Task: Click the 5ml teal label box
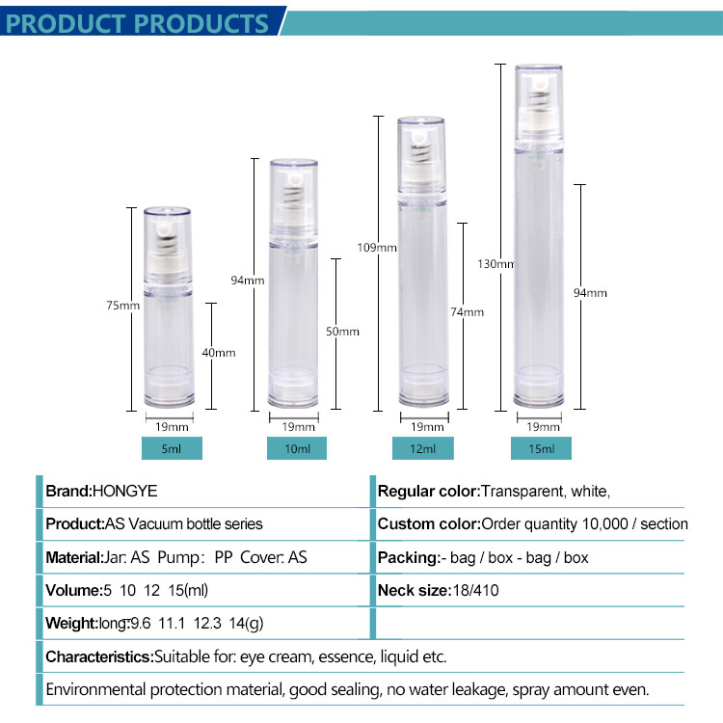pos(172,448)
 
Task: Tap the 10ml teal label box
pos(297,448)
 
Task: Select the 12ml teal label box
pos(423,448)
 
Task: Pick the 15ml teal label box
pos(541,448)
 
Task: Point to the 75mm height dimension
pos(122,306)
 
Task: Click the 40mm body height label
pos(219,353)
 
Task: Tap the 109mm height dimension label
pos(377,248)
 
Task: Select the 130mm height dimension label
pos(495,264)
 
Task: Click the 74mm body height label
pos(468,312)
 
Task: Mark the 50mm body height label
pos(342,332)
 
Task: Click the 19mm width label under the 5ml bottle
pos(172,427)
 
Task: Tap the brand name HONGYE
pos(125,491)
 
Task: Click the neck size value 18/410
pos(475,590)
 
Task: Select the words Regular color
pos(429,491)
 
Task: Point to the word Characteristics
pos(99,656)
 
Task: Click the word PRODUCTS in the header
pos(202,23)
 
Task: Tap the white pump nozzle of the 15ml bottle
pos(540,84)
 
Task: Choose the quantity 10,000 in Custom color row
pos(605,523)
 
